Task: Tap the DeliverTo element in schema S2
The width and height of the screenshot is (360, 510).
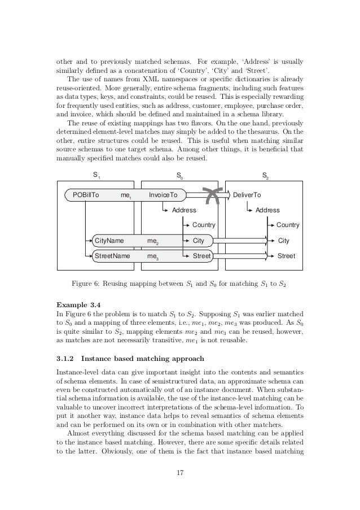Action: tap(247, 195)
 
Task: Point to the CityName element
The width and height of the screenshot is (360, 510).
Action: tap(109, 241)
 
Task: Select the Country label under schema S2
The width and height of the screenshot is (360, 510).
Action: tap(288, 225)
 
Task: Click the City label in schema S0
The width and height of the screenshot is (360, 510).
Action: tap(199, 241)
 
